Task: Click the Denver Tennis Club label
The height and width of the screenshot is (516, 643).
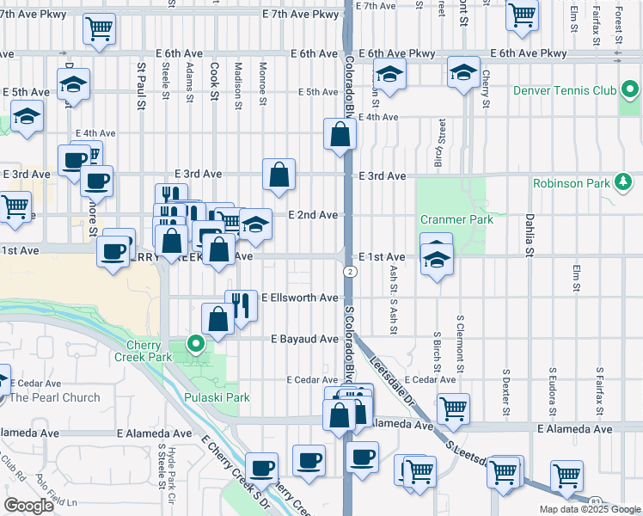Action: (563, 90)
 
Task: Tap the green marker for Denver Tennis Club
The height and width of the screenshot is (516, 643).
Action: (630, 90)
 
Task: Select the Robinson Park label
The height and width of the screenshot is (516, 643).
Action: (570, 182)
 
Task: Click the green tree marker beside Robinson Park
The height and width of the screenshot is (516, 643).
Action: (624, 181)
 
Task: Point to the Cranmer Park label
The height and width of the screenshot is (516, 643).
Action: (456, 219)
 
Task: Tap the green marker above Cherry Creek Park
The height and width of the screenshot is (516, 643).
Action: (196, 345)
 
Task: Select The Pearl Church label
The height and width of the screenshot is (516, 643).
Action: (54, 397)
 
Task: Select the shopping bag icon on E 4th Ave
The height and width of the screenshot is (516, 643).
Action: (340, 134)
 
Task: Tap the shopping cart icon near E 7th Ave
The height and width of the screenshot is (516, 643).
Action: (100, 28)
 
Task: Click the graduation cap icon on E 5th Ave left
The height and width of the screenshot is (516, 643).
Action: (74, 84)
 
